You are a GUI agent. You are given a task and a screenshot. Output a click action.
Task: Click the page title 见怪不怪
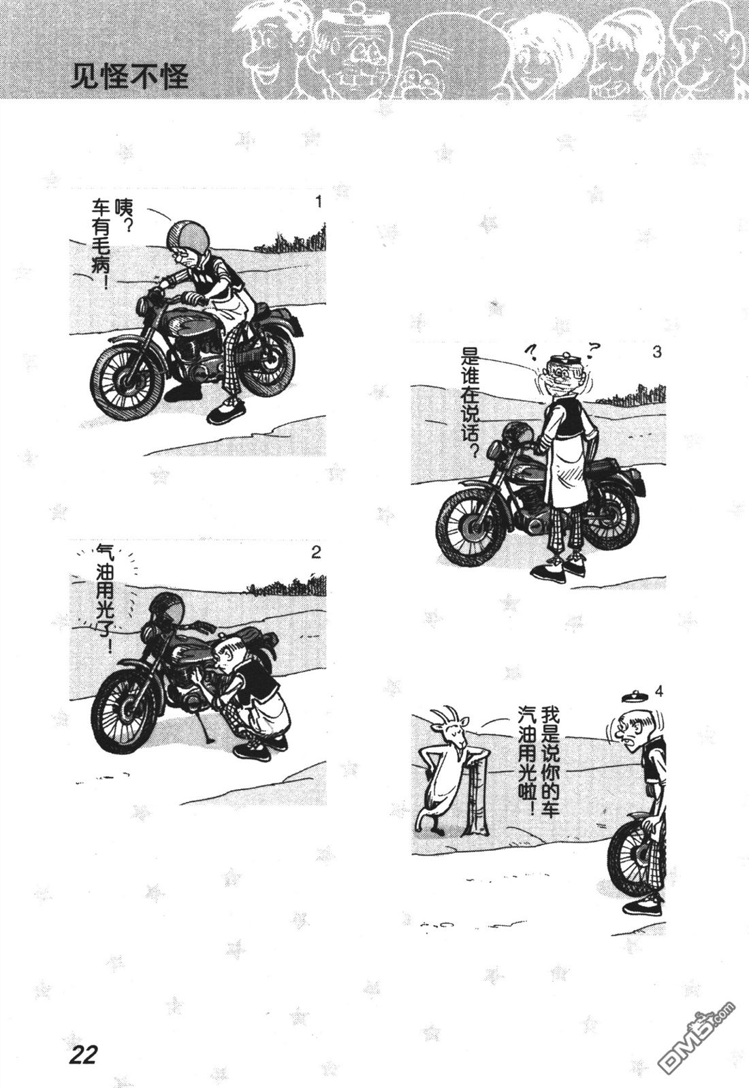[129, 77]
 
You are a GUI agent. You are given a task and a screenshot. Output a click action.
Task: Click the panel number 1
[318, 202]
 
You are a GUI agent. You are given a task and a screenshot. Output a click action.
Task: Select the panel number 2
[316, 553]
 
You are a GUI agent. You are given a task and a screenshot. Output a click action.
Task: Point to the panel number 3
[656, 352]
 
